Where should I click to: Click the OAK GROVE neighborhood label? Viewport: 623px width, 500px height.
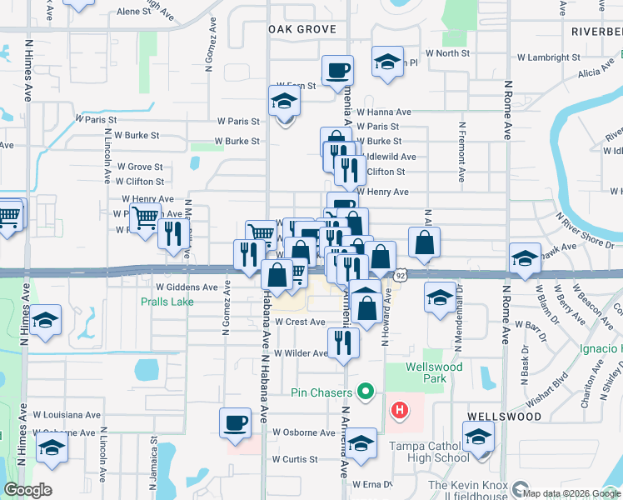pyautogui.click(x=302, y=29)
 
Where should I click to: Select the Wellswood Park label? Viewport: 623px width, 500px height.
pyautogui.click(x=427, y=372)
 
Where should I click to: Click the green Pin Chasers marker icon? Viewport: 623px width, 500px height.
pyautogui.click(x=365, y=391)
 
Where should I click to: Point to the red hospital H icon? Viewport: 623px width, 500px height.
pyautogui.click(x=401, y=410)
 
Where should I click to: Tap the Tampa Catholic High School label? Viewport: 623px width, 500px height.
pyautogui.click(x=429, y=452)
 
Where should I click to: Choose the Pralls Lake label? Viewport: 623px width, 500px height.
pyautogui.click(x=167, y=302)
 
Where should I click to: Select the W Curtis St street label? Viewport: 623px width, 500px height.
pyautogui.click(x=295, y=459)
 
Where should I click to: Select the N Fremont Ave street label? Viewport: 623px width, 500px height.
pyautogui.click(x=461, y=152)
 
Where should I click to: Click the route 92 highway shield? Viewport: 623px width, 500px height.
pyautogui.click(x=401, y=274)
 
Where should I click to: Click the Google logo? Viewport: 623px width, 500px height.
pyautogui.click(x=27, y=490)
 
